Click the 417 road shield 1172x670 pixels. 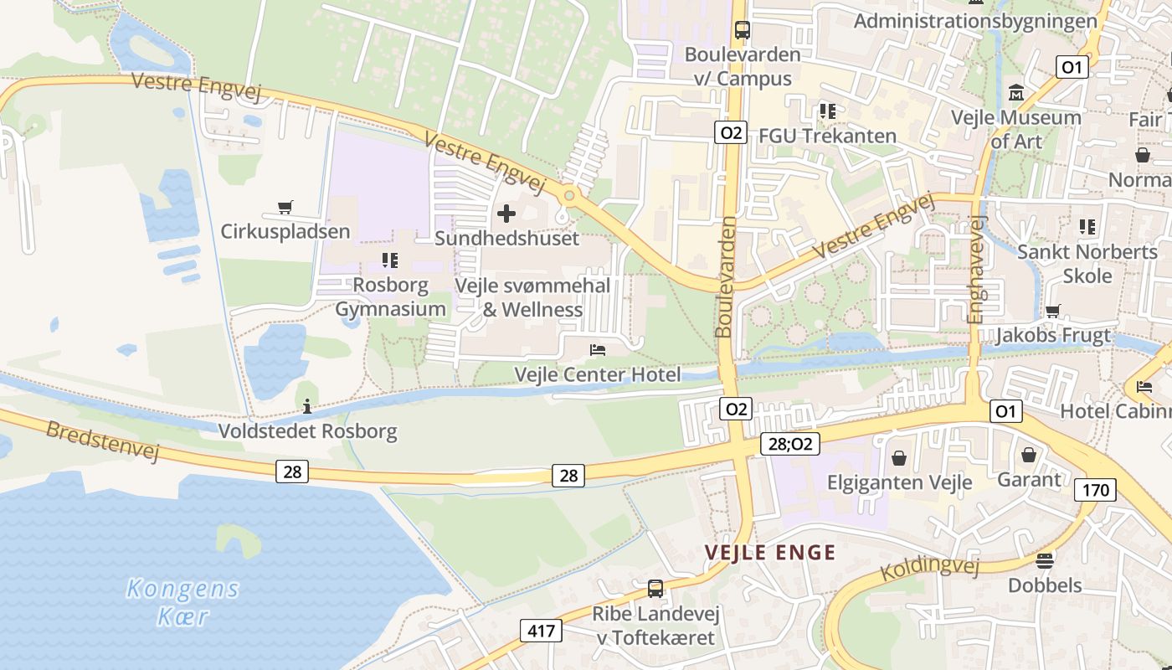pyautogui.click(x=542, y=631)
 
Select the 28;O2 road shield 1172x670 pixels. pyautogui.click(x=790, y=444)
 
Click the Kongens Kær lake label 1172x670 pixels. pyautogui.click(x=182, y=603)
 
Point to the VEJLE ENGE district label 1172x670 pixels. pyautogui.click(x=770, y=553)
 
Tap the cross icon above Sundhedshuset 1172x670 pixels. pyautogui.click(x=506, y=214)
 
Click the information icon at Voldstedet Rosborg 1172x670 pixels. pyautogui.click(x=307, y=407)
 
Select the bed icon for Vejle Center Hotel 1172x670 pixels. pyautogui.click(x=598, y=349)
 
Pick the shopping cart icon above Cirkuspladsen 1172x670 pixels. pyautogui.click(x=285, y=207)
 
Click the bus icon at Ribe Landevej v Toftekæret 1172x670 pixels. pyautogui.click(x=655, y=589)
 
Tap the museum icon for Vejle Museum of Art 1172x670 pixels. pyautogui.click(x=1016, y=91)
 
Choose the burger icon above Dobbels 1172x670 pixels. pyautogui.click(x=1045, y=560)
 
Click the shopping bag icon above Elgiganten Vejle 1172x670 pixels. pyautogui.click(x=899, y=458)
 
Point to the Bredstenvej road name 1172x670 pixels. pyautogui.click(x=102, y=441)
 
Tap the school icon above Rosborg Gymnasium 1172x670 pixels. pyautogui.click(x=389, y=260)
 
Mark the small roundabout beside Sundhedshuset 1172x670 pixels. pyautogui.click(x=569, y=196)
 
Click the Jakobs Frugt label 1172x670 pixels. pyautogui.click(x=1052, y=336)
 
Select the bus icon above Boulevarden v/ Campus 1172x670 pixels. pyautogui.click(x=742, y=30)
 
